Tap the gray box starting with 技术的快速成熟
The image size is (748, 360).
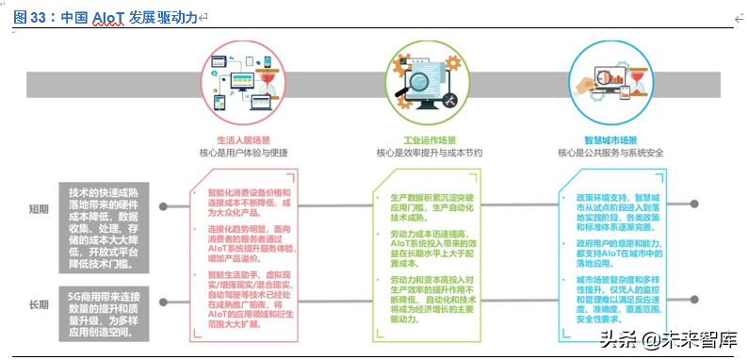pyautogui.click(x=106, y=226)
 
